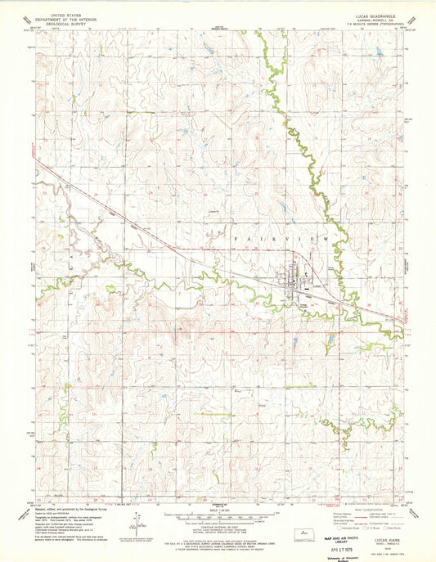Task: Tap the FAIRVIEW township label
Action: coord(283,237)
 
